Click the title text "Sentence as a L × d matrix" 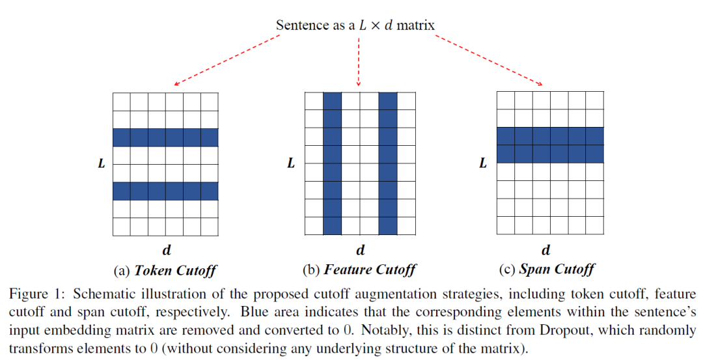[355, 25]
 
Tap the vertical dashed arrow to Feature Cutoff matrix [359, 62]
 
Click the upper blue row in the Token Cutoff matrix [165, 137]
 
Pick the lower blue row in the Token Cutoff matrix [165, 191]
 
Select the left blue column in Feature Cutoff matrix [332, 163]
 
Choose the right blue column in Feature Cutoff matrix [387, 163]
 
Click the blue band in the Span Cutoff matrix [550, 145]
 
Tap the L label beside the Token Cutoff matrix [101, 164]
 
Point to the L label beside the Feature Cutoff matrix [291, 163]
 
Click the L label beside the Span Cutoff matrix [482, 163]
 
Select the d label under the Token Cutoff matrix [167, 249]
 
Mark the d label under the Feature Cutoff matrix [360, 249]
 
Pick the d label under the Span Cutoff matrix [545, 249]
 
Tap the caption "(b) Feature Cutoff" [359, 270]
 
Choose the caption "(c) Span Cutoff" [545, 269]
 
